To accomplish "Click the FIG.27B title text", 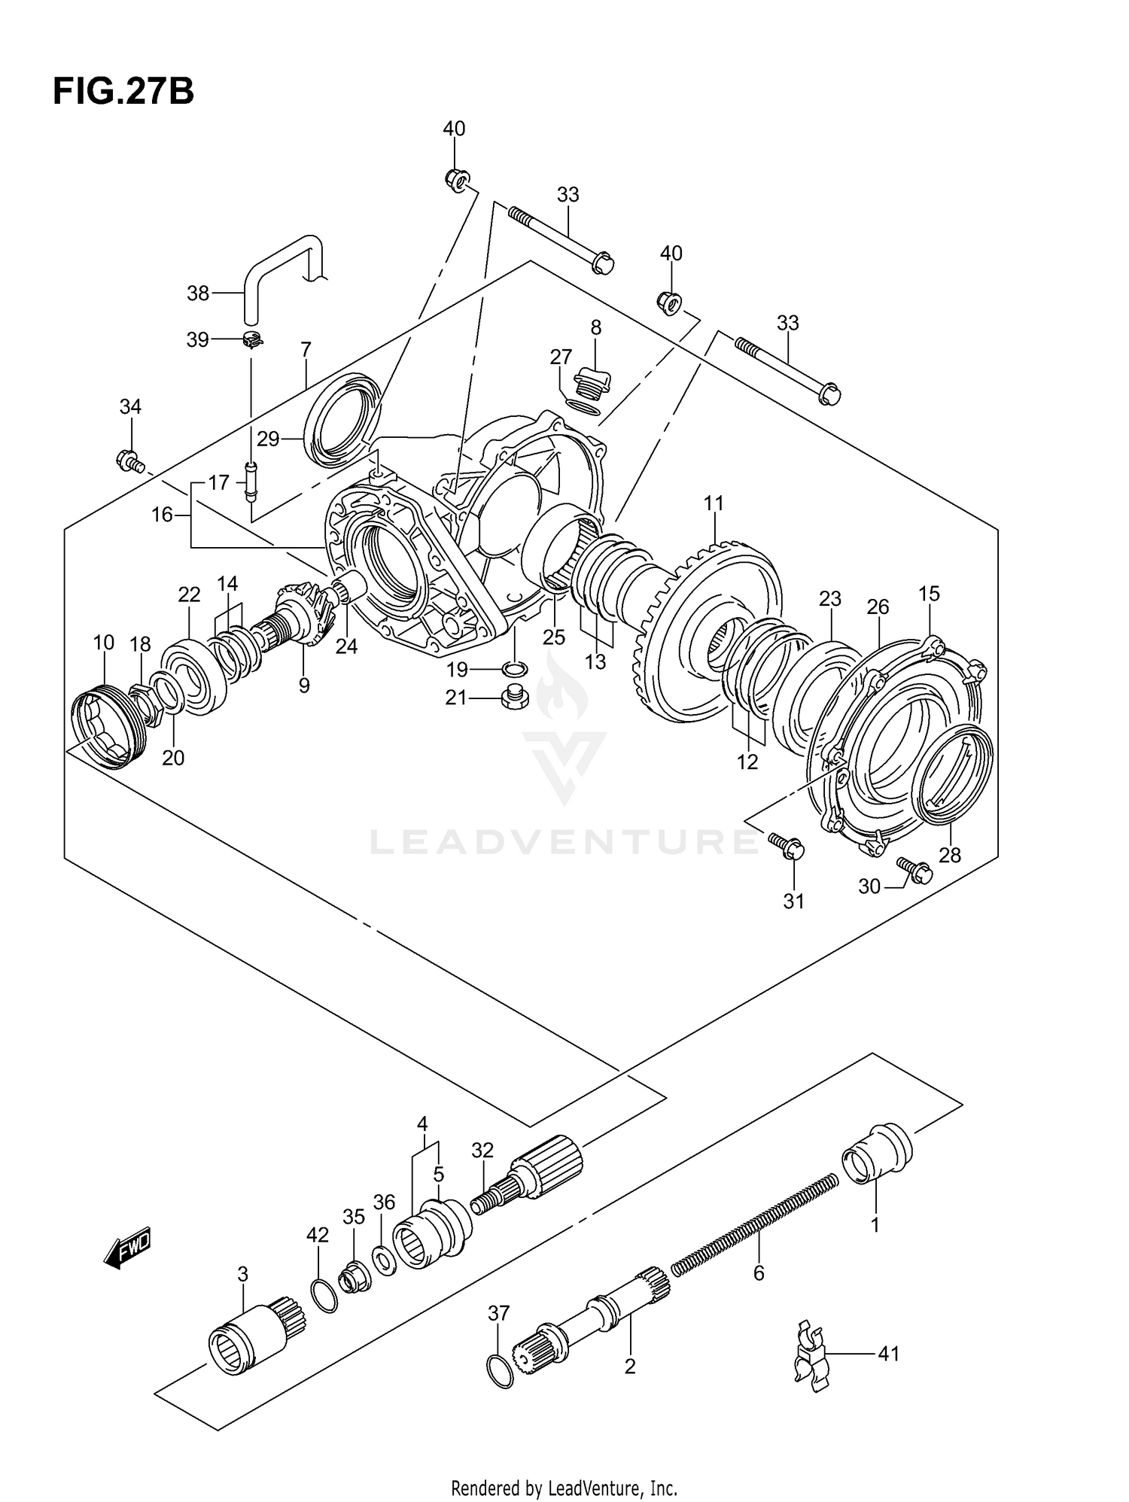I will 123,92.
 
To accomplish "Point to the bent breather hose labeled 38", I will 278,271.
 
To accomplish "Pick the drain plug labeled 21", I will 515,698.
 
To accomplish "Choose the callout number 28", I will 949,855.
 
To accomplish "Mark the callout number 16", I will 162,515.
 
